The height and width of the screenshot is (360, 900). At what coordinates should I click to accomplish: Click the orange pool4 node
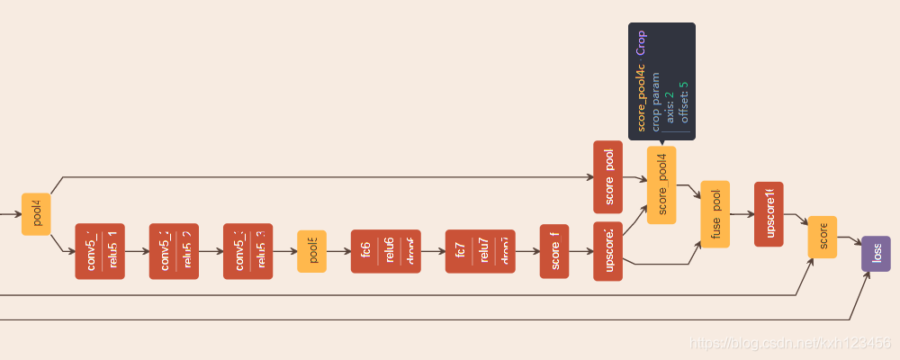36,214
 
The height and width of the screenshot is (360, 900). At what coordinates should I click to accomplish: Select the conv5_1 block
100,251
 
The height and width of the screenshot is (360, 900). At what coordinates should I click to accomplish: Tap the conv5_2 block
174,251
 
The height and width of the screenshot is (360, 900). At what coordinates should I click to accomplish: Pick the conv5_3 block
247,251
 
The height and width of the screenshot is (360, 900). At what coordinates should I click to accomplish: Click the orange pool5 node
311,251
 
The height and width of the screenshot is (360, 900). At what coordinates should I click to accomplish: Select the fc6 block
385,251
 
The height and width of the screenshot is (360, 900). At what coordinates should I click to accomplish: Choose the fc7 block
480,251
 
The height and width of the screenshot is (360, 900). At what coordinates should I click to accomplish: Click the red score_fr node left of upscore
554,251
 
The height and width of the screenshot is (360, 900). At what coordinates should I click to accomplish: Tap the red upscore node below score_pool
608,251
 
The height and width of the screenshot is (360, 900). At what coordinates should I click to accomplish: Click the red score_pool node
608,177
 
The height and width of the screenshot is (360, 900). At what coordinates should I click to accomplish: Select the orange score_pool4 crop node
661,184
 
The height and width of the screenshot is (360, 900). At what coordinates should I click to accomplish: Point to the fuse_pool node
715,214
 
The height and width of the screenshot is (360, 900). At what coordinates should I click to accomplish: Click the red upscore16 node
769,214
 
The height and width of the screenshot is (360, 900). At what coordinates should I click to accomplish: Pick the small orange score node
823,237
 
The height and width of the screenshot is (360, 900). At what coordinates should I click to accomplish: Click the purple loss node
876,254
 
